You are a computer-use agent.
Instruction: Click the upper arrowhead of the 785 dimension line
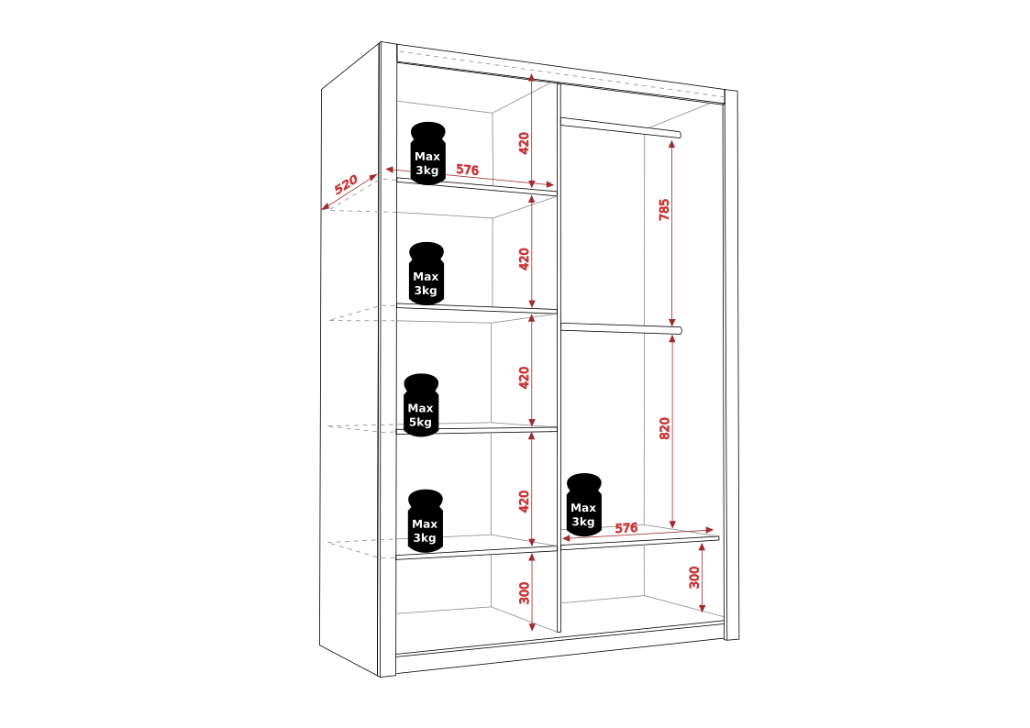point(671,144)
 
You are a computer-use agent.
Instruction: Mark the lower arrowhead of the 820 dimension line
point(672,524)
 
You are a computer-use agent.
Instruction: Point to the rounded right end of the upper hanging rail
point(679,135)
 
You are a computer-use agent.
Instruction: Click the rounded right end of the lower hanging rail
point(680,330)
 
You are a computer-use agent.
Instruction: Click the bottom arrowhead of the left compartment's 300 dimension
point(532,626)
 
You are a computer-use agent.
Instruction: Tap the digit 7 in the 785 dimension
point(664,215)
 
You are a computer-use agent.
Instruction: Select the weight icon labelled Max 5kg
point(421,405)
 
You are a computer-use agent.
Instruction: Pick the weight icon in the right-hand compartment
point(584,504)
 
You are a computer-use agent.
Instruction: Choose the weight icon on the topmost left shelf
point(427,153)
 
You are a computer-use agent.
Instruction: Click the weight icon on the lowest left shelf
point(425,521)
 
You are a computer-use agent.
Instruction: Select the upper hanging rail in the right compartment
point(621,127)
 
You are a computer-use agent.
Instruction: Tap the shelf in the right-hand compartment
point(640,541)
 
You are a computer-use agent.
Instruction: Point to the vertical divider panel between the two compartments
point(559,358)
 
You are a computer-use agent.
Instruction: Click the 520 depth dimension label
point(346,184)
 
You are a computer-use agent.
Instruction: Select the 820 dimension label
point(664,428)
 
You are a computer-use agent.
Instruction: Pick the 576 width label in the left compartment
point(467,170)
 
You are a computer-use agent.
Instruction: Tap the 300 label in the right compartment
point(694,578)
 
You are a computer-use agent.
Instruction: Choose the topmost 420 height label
point(524,143)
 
